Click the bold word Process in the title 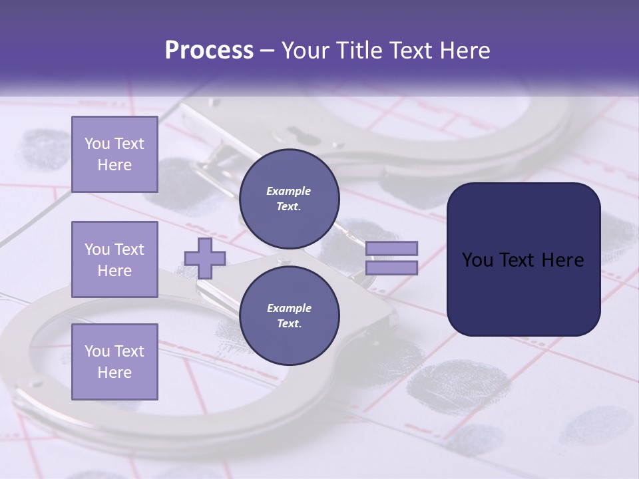click(x=209, y=51)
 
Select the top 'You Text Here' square click(x=114, y=154)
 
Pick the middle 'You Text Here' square click(x=114, y=259)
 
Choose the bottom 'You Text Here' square click(x=114, y=362)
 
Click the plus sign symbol click(x=205, y=258)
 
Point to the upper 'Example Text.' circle click(x=289, y=198)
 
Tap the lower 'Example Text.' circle click(x=289, y=315)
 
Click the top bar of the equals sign click(x=391, y=248)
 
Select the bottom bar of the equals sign click(x=391, y=268)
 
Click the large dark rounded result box click(x=523, y=259)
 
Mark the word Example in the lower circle click(x=289, y=308)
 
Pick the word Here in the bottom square click(x=114, y=373)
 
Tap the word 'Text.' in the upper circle click(x=289, y=206)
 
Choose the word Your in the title click(x=306, y=51)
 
